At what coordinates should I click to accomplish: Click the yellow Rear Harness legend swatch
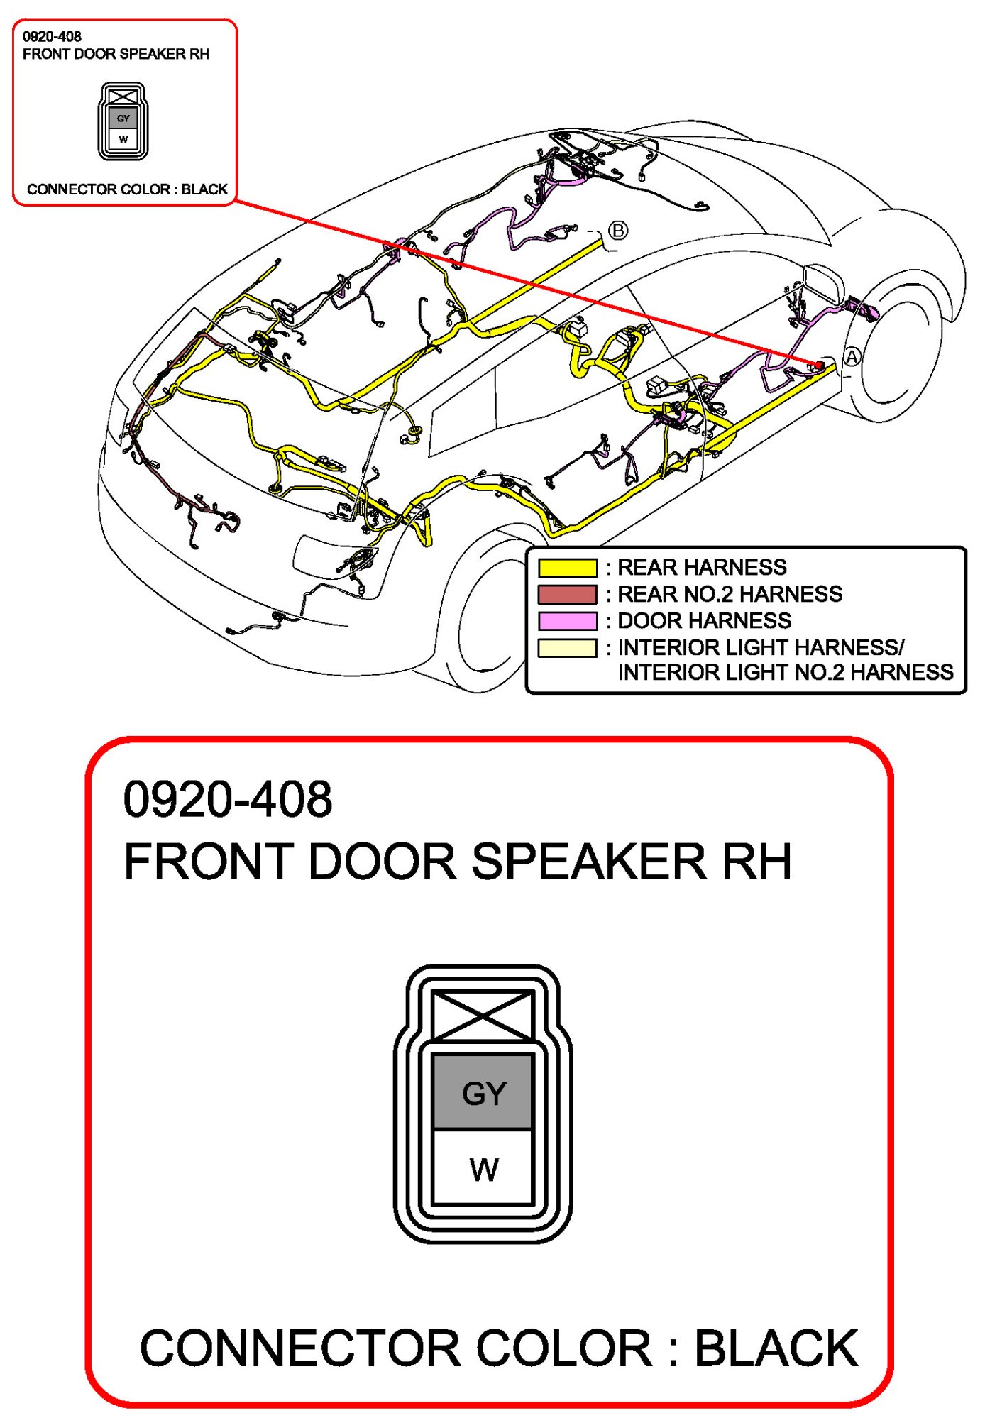click(567, 568)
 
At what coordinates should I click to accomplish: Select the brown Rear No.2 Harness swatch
click(567, 594)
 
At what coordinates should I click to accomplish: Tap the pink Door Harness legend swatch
click(567, 621)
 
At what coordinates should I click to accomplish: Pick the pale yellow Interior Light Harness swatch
click(567, 648)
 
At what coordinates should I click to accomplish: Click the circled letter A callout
click(852, 357)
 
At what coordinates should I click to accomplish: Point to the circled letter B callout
click(618, 230)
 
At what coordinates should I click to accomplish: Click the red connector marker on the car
click(819, 365)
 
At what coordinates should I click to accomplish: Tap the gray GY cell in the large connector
click(483, 1092)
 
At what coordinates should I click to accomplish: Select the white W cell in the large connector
click(483, 1167)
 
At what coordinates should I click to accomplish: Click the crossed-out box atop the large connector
click(483, 1016)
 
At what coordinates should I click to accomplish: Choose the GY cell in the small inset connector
click(123, 119)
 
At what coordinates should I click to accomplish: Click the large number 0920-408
click(227, 799)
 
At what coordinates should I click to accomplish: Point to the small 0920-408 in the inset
click(52, 36)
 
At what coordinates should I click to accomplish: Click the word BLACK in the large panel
click(776, 1348)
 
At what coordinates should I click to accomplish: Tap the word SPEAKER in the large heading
click(588, 862)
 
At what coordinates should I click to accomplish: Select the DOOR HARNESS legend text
click(704, 621)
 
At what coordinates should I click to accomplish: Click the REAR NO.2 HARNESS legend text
click(730, 594)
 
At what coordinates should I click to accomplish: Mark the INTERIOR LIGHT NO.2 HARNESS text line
click(785, 672)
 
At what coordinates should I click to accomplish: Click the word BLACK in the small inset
click(204, 189)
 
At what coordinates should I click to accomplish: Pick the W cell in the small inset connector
click(123, 139)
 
